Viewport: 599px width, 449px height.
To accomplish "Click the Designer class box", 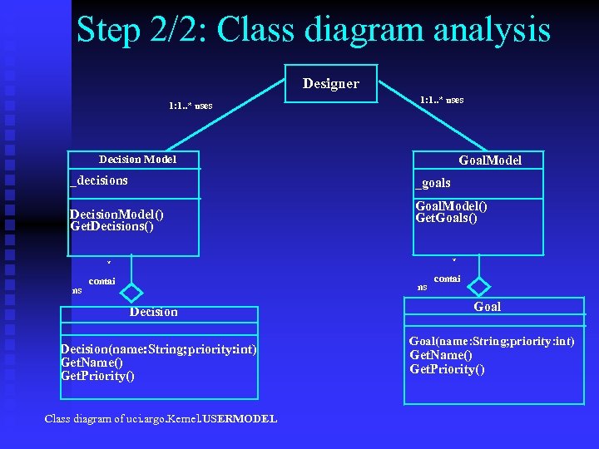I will [331, 83].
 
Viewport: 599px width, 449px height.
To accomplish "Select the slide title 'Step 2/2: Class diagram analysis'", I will [313, 30].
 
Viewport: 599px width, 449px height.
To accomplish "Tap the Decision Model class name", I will [137, 159].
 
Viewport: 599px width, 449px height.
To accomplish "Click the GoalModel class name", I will [490, 160].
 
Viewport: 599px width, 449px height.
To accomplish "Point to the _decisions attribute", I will [99, 180].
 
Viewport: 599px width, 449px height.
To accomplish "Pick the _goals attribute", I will [433, 183].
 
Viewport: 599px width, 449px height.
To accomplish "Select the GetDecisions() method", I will [112, 226].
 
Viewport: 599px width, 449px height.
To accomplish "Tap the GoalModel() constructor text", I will [451, 206].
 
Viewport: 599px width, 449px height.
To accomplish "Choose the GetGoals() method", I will [446, 219].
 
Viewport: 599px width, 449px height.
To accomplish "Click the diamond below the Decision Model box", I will [131, 293].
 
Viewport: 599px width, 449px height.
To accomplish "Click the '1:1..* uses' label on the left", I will [190, 106].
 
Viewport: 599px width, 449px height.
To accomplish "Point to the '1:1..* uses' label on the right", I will [442, 100].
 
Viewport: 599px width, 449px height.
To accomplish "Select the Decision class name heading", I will [153, 312].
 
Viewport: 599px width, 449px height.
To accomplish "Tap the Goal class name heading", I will [488, 307].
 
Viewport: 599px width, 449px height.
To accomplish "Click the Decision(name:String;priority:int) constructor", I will [159, 349].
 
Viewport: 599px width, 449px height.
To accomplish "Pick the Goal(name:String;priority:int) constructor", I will [491, 342].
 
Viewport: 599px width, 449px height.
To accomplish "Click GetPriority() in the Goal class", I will [447, 369].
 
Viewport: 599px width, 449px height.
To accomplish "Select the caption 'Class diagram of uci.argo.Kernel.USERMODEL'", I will [161, 418].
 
